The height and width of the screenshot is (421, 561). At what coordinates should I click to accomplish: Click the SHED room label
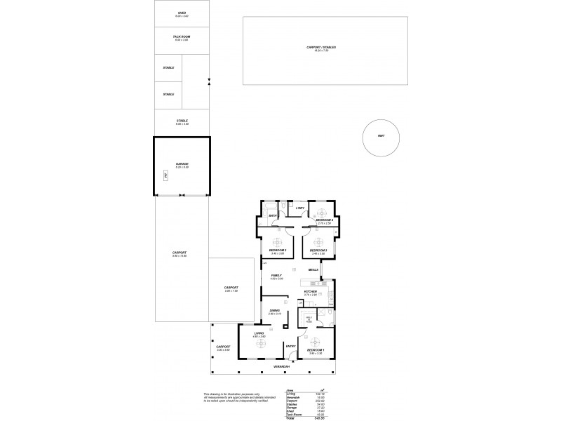tap(182, 13)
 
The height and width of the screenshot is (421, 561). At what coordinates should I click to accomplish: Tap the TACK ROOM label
tap(182, 38)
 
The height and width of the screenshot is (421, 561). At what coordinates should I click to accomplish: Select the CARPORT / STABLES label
tap(321, 48)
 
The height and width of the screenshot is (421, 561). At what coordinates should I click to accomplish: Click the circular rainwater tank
tap(382, 138)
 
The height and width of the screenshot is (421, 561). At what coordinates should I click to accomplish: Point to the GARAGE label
tap(182, 164)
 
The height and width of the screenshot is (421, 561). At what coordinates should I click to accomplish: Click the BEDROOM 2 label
tap(278, 250)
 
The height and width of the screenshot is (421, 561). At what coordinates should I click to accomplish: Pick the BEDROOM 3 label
tap(318, 250)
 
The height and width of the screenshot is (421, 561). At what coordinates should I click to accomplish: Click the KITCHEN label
tap(310, 291)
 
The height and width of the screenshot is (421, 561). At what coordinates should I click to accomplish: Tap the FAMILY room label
tap(276, 276)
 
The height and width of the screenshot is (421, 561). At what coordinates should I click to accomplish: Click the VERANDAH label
tap(281, 366)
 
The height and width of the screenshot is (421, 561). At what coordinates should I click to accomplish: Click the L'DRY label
tap(300, 208)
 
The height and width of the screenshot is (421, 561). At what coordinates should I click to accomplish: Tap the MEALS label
tap(313, 269)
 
